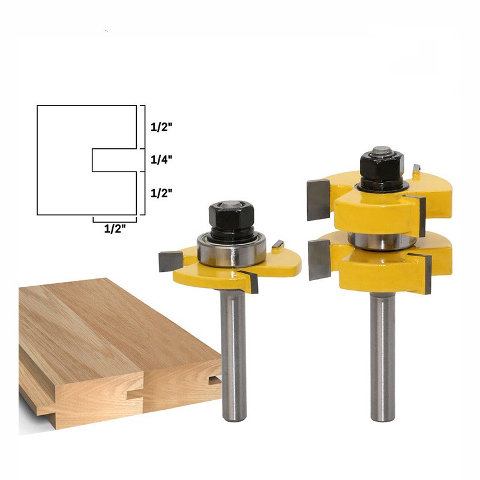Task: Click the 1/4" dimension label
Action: point(161,160)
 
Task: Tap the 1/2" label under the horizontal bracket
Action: point(115,229)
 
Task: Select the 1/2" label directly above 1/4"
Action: point(161,127)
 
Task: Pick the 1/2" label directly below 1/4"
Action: point(161,193)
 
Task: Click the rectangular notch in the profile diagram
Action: point(114,160)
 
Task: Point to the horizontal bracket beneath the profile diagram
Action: point(115,220)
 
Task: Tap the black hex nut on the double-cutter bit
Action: point(382,167)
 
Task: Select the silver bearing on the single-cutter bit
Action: point(231,251)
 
